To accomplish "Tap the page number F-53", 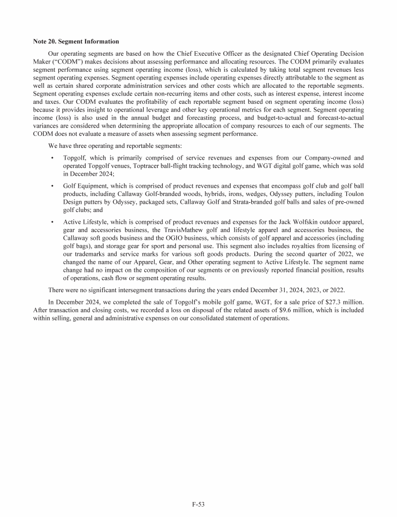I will [x=198, y=502].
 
